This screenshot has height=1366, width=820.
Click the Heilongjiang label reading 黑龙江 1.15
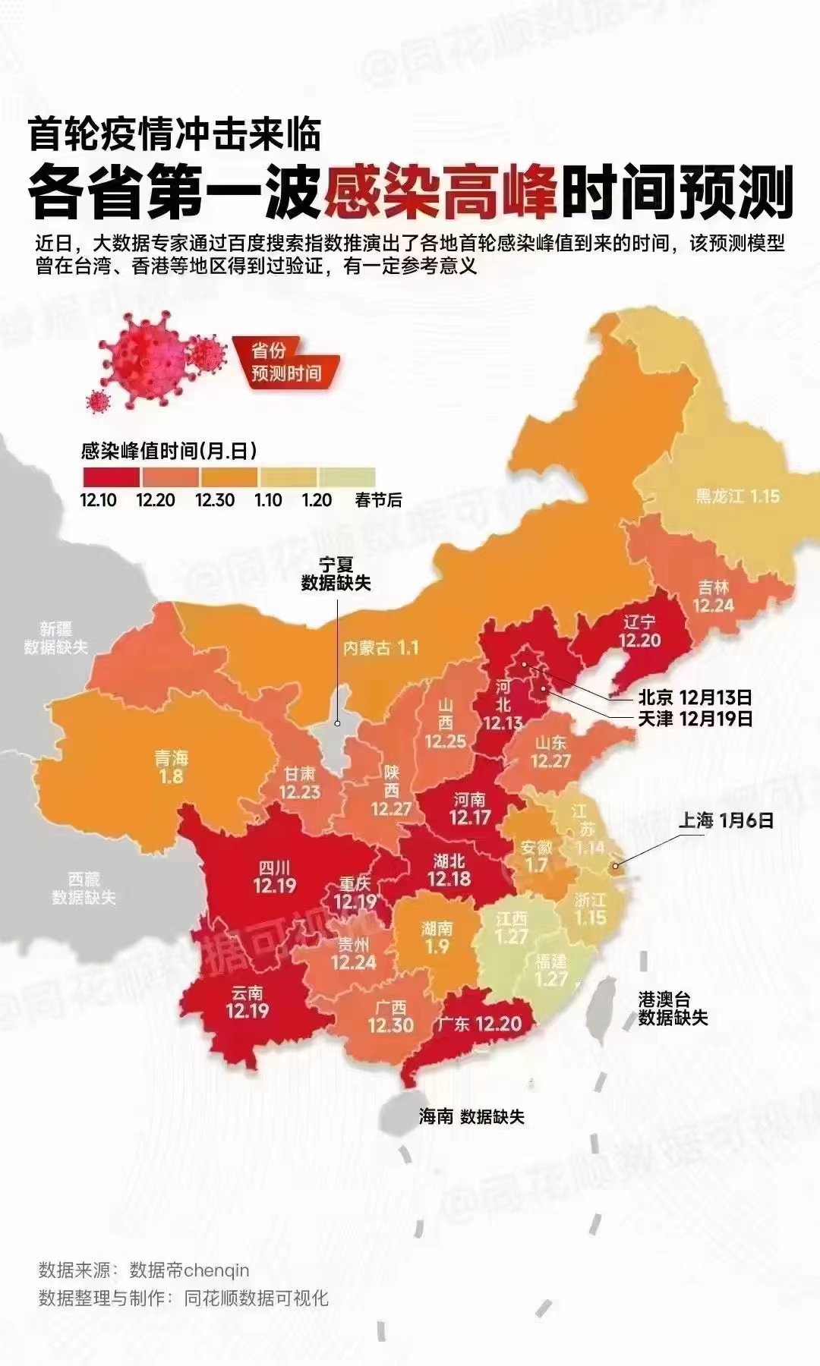click(x=737, y=496)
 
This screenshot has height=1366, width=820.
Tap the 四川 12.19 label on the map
click(x=274, y=877)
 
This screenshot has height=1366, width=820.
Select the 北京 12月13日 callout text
click(x=695, y=697)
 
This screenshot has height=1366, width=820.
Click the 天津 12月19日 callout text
click(x=695, y=718)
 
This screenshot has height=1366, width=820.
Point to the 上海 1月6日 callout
click(x=725, y=820)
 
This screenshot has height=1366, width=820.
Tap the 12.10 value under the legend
click(x=98, y=500)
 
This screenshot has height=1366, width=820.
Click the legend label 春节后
click(x=378, y=500)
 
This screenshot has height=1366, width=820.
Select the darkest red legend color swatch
click(x=111, y=477)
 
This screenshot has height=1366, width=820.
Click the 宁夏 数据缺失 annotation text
click(x=336, y=574)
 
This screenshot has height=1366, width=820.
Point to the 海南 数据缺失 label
click(x=471, y=1116)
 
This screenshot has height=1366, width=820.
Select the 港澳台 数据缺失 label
click(x=673, y=1009)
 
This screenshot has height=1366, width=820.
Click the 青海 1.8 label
click(x=171, y=767)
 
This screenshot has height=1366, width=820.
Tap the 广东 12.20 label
click(x=479, y=1024)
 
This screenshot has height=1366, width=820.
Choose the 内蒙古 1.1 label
click(x=380, y=647)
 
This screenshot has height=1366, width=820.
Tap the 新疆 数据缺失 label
click(x=55, y=638)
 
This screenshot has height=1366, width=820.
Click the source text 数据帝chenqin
click(x=189, y=1270)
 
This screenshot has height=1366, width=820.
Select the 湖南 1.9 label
click(x=437, y=937)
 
